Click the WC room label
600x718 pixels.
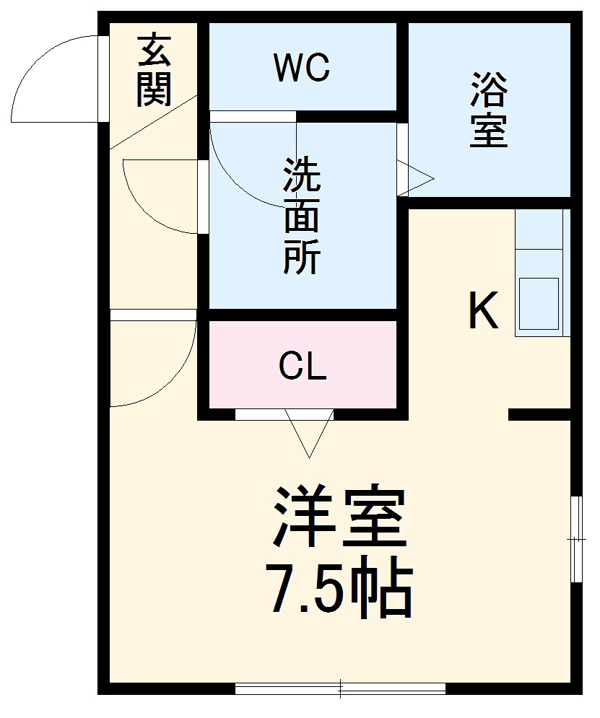(x=302, y=69)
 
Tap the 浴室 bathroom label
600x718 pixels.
(x=489, y=110)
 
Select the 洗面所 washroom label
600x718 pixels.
(x=302, y=216)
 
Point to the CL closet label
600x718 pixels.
(x=303, y=368)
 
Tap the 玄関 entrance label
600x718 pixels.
(x=154, y=70)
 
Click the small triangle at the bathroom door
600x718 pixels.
(x=415, y=178)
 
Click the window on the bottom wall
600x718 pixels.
(x=340, y=689)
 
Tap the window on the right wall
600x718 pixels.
(x=575, y=538)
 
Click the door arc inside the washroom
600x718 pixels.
(x=245, y=173)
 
